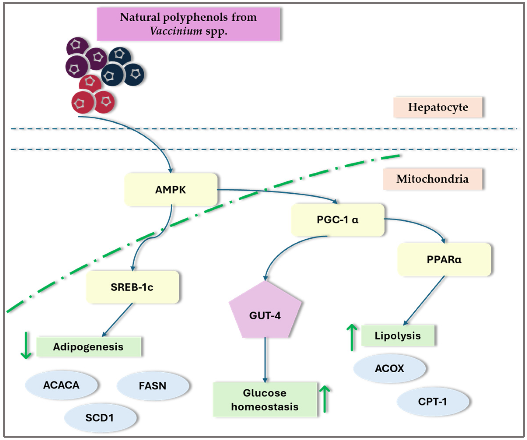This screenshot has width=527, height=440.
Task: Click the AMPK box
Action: coord(171,190)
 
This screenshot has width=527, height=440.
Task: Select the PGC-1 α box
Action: coord(337,220)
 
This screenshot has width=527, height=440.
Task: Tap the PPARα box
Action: coord(444,259)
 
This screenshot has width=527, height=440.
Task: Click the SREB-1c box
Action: coord(132,287)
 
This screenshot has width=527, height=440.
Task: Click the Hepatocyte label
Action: coord(438,107)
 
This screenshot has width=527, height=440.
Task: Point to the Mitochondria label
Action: coord(432,179)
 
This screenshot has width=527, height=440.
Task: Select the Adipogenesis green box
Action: coord(88,347)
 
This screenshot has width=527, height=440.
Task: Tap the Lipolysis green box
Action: coord(398,336)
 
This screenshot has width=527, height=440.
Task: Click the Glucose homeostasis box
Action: coord(265,400)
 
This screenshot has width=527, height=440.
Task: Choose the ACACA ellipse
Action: coord(61,385)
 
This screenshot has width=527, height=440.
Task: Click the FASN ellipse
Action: coord(152,386)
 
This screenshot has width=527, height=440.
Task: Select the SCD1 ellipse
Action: coord(100,418)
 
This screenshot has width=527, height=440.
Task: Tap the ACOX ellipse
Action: coord(389,368)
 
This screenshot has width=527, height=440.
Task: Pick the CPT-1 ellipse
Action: coord(432,401)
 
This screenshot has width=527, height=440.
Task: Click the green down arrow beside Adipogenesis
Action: coord(26,346)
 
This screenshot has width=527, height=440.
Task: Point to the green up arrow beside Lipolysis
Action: coord(352,337)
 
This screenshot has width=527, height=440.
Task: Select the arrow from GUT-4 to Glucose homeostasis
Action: coord(265,360)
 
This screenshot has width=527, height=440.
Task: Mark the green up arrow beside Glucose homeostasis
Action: coord(325,399)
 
